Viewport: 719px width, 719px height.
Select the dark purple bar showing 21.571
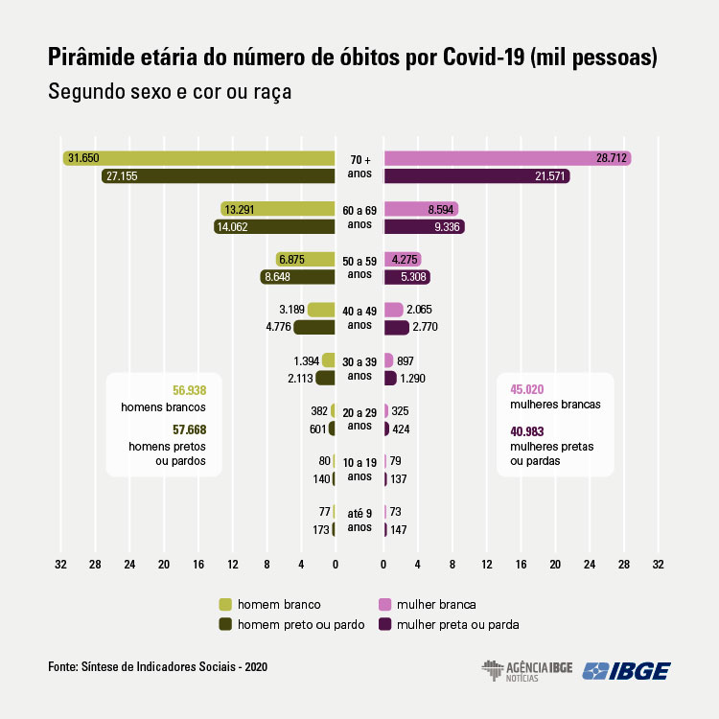click(x=476, y=176)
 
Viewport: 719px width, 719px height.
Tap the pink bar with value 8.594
click(x=421, y=209)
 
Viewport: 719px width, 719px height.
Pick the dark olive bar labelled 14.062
click(x=274, y=227)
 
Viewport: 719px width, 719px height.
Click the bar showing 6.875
click(x=305, y=260)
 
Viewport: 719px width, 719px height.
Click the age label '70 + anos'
click(x=359, y=167)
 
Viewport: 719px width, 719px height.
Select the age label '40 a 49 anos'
click(x=359, y=317)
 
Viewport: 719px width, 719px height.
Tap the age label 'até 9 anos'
click(x=359, y=521)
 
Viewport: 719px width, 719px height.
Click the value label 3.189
click(x=291, y=310)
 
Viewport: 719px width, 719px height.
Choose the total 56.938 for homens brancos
click(x=189, y=390)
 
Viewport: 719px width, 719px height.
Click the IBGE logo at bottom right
click(x=627, y=670)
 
